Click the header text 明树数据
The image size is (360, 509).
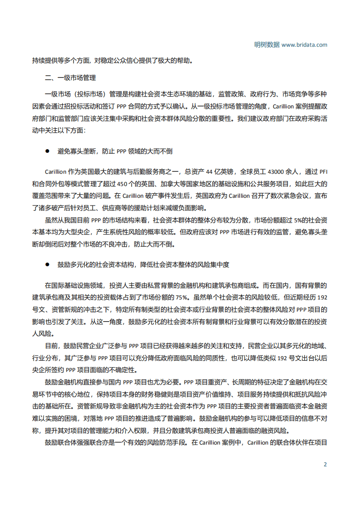tap(267, 45)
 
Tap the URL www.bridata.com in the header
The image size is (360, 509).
tap(304, 45)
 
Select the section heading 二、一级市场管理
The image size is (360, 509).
tap(70, 78)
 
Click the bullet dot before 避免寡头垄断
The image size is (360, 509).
tap(47, 151)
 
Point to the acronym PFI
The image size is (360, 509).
tap(323, 172)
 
